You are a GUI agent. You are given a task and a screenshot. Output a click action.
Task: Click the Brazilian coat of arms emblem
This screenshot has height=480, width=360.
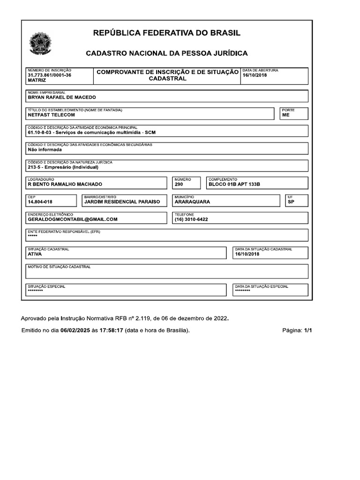(41, 44)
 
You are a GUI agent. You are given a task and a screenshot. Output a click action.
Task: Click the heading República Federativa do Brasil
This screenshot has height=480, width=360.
(167, 33)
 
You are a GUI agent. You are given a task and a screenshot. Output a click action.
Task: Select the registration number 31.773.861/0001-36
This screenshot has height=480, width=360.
(50, 75)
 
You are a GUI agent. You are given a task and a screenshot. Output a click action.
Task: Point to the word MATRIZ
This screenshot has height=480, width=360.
(37, 81)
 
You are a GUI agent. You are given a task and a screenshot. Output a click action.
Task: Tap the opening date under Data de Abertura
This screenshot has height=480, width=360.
(255, 75)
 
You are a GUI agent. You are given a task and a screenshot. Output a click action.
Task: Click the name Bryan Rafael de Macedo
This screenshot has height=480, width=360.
(62, 97)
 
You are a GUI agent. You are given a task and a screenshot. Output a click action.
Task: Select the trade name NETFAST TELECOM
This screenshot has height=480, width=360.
(52, 115)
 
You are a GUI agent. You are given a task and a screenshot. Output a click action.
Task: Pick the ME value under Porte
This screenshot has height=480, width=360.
(286, 115)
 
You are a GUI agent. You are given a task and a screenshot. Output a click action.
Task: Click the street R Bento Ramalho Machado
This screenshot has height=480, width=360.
(65, 185)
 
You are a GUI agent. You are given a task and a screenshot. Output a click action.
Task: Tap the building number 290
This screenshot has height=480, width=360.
(179, 185)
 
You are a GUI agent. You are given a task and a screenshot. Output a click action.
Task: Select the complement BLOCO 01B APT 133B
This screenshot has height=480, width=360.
(234, 185)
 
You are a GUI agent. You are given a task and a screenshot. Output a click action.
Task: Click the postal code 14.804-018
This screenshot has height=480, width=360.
(40, 202)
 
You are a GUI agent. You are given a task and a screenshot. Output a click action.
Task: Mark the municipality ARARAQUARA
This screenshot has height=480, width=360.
(192, 202)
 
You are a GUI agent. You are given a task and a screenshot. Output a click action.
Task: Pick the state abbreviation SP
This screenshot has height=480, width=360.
(291, 202)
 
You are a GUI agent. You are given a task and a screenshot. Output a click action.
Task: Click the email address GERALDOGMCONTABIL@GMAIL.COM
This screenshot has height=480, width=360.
(73, 219)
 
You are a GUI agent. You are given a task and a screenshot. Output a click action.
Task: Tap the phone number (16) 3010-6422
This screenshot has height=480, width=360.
(191, 219)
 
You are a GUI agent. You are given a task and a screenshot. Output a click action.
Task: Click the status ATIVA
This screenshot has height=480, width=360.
(35, 254)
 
